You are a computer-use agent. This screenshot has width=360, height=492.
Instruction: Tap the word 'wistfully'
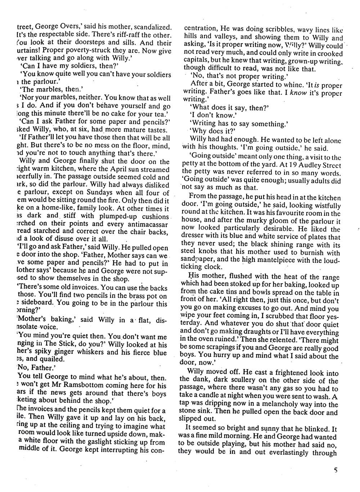pyautogui.click(x=326, y=206)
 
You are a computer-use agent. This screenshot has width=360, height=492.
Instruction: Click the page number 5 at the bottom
pyautogui.click(x=336, y=470)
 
